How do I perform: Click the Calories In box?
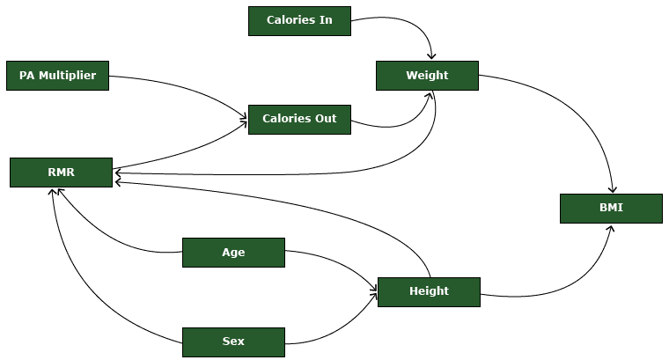[299, 20]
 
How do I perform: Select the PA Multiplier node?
[57, 76]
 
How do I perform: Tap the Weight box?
[427, 76]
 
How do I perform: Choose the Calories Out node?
[299, 119]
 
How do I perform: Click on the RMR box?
[61, 173]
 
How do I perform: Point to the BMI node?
[611, 209]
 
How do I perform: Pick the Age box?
[233, 253]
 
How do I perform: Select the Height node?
[429, 291]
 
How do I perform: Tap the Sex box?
[233, 342]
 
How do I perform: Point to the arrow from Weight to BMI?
[572, 114]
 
